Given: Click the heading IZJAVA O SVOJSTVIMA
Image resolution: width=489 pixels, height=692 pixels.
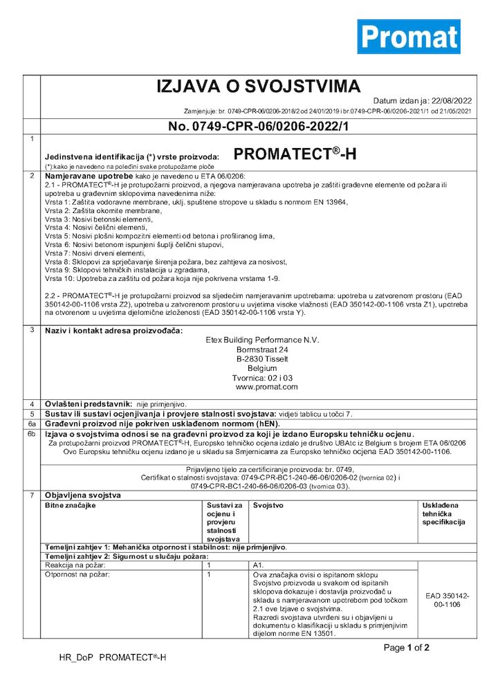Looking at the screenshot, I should click(x=258, y=86).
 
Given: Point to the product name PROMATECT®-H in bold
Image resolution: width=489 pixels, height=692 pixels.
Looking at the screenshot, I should click(x=295, y=154).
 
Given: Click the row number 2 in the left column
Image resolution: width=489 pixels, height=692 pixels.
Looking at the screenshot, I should click(x=32, y=176).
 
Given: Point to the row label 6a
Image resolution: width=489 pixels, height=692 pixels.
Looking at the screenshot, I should click(x=32, y=422).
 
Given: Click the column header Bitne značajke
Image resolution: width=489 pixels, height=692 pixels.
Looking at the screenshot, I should click(x=71, y=506).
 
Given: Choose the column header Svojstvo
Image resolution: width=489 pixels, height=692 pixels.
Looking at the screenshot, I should click(x=268, y=506).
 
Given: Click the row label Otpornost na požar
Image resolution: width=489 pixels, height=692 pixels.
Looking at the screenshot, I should click(x=77, y=574).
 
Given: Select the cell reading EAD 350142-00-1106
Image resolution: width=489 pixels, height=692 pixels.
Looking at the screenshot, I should click(x=447, y=600).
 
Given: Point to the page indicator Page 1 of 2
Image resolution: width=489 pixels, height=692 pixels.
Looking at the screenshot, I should click(x=407, y=648).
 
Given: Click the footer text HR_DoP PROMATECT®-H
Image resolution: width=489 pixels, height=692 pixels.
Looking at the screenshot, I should click(x=112, y=657).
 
